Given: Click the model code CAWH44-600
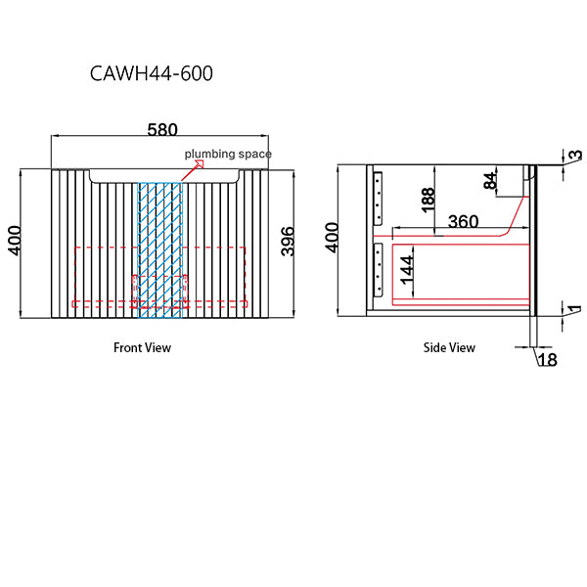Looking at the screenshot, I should click(151, 73).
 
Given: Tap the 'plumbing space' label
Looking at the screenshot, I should click(228, 154).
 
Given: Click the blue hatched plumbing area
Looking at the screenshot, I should click(160, 249).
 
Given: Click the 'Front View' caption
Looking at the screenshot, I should click(142, 347).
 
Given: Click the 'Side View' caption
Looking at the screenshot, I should click(449, 347).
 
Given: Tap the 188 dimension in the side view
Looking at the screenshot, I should click(427, 201).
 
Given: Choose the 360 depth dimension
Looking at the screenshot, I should click(462, 222).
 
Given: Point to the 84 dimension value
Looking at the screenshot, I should click(489, 181).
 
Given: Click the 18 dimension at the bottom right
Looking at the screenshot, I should click(546, 360).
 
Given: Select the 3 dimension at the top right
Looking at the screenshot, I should click(575, 156).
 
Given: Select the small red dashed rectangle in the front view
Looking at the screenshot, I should click(159, 292).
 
